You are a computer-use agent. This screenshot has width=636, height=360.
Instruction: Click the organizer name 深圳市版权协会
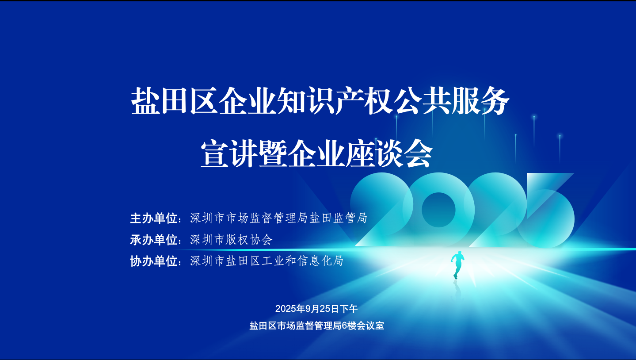pyautogui.click(x=231, y=240)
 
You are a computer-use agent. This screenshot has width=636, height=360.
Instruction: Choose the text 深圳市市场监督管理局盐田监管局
pyautogui.click(x=278, y=218)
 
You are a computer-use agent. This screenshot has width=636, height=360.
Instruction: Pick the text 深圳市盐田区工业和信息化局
pyautogui.click(x=267, y=261)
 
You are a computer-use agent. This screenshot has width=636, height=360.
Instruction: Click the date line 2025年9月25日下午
pyautogui.click(x=316, y=309)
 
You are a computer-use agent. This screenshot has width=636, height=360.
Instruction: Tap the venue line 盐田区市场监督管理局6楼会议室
pyautogui.click(x=316, y=326)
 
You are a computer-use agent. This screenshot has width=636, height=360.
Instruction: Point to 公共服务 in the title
pyautogui.click(x=451, y=101)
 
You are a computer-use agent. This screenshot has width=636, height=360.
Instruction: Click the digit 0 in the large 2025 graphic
pyautogui.click(x=438, y=210)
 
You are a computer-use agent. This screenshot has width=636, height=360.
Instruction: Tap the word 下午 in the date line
pyautogui.click(x=349, y=309)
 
